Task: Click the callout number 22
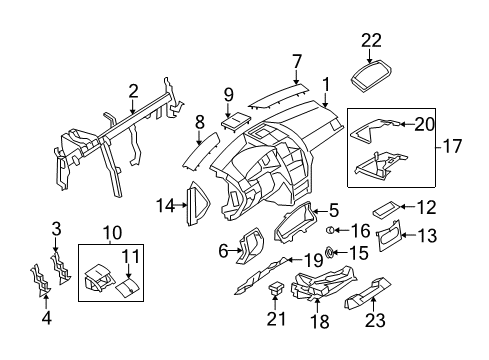371,41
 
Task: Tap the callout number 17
452,146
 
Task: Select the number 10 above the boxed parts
112,232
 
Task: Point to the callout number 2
133,91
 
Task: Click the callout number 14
166,205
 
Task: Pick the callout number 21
276,319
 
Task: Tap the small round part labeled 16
330,229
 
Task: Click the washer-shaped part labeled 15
329,252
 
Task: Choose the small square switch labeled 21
276,287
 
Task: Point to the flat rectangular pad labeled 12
385,210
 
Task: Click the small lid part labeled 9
236,121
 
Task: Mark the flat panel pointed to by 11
127,287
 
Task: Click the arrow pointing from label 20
407,124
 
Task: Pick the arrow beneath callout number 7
296,77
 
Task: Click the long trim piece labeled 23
368,292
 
